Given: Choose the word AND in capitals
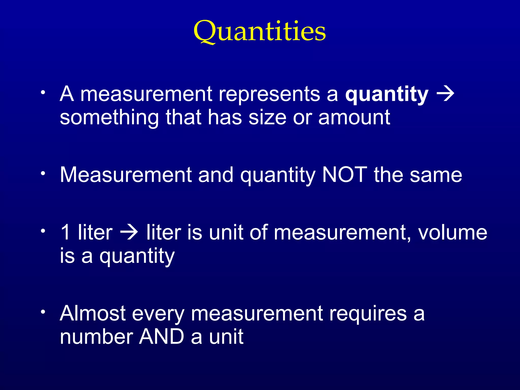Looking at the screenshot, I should coord(161,337).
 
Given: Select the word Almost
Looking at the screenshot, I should coord(93,313).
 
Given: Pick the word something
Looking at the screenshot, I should coord(109,118).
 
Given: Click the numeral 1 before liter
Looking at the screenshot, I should coord(65,232).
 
